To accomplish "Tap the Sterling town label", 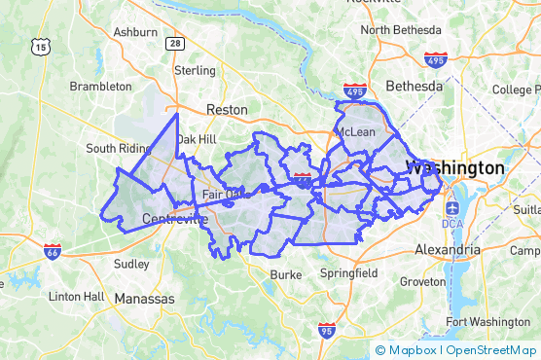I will click(194, 71).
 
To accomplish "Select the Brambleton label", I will click(100, 87).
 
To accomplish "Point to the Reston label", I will click(226, 110).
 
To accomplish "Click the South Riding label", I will click(117, 149).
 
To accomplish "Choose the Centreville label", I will click(175, 219).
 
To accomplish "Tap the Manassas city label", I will click(145, 299).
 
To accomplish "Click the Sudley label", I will click(131, 264).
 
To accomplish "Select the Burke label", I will click(286, 274).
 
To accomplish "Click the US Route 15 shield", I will click(40, 46).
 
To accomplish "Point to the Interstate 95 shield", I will click(323, 333).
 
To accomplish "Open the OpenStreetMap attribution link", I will click(491, 350).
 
